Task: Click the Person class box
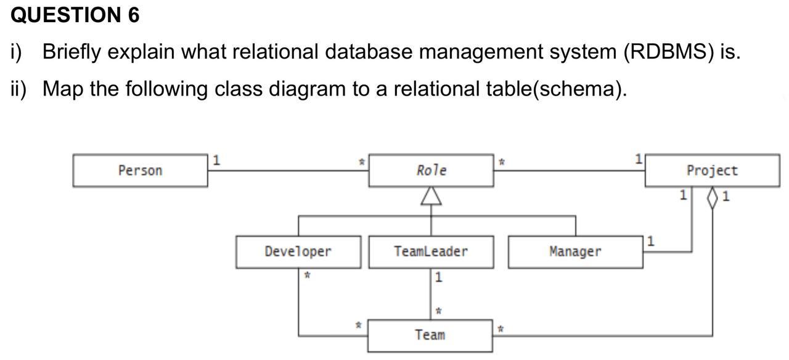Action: (x=140, y=171)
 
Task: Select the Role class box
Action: (x=431, y=171)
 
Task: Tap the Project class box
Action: (x=712, y=171)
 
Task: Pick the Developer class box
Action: (x=298, y=252)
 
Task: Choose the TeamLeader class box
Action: (x=431, y=252)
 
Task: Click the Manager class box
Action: (x=575, y=252)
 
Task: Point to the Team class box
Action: (x=430, y=335)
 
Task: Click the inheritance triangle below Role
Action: (x=431, y=196)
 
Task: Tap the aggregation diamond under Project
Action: (x=713, y=197)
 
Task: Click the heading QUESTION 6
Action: (x=75, y=15)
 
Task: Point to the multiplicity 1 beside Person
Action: (x=216, y=160)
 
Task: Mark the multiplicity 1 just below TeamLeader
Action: (x=438, y=277)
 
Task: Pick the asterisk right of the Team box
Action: (x=501, y=330)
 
